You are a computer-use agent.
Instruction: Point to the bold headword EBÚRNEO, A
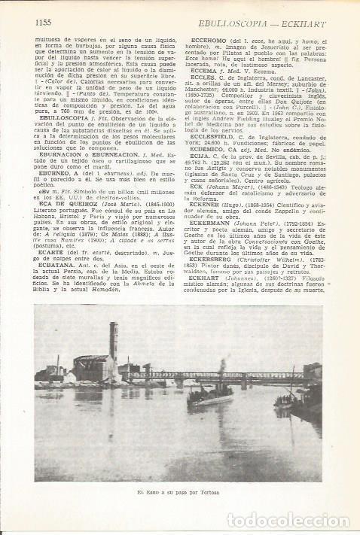coord(57,172)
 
